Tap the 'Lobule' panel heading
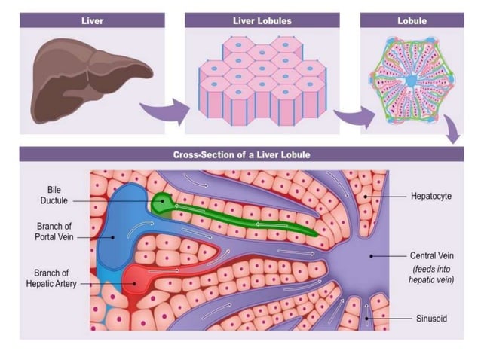(x=412, y=20)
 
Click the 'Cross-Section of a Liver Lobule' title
(x=242, y=155)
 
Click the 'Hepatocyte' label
(x=430, y=196)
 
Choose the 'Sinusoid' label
(x=431, y=319)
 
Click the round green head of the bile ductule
(x=161, y=202)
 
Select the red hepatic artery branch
(x=136, y=280)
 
